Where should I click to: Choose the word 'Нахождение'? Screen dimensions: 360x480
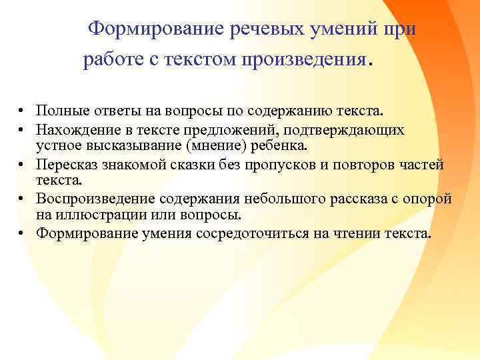tap(75, 127)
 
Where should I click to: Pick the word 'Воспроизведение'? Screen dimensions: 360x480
tap(91, 199)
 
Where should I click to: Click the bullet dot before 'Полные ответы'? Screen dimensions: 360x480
tap(21, 110)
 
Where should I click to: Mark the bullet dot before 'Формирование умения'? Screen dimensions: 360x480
tap(21, 233)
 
